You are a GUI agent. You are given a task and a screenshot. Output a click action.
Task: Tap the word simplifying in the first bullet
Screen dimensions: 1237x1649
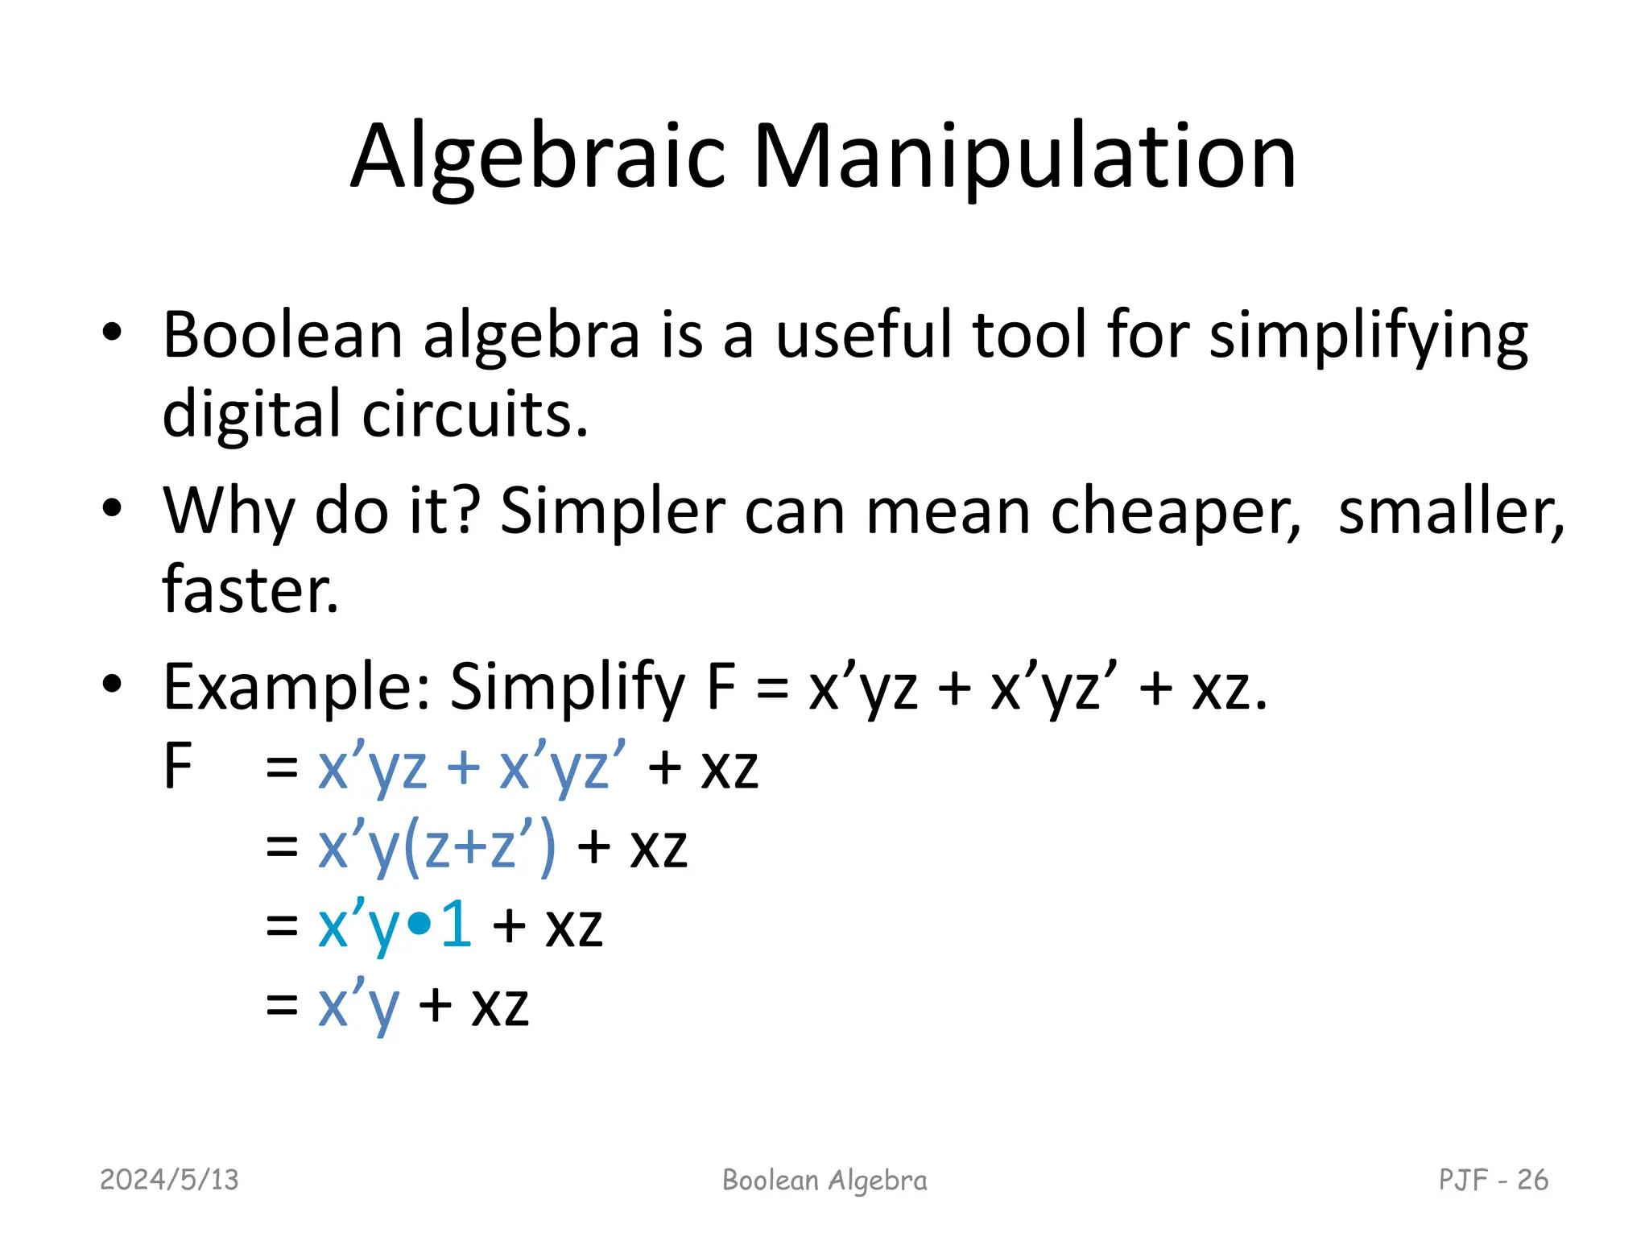(1368, 336)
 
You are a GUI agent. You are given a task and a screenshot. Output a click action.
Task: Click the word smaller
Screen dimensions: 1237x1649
(1450, 511)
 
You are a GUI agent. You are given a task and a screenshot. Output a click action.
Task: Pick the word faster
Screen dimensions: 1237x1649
(250, 590)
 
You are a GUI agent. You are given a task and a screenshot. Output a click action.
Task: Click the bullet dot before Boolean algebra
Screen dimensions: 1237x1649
(112, 333)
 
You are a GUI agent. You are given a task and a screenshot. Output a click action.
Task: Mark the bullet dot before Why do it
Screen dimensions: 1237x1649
(112, 508)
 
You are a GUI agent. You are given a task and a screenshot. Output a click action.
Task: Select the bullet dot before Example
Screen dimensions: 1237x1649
(112, 685)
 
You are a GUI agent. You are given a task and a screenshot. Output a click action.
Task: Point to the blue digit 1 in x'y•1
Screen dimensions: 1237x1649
(457, 925)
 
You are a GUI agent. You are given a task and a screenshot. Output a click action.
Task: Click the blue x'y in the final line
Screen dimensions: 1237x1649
(358, 1006)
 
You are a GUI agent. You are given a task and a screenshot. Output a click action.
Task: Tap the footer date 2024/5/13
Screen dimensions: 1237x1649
(169, 1180)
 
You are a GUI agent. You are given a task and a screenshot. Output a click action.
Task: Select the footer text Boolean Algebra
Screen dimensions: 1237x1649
(824, 1181)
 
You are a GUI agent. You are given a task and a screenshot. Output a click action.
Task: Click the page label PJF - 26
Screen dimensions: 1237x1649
(1493, 1180)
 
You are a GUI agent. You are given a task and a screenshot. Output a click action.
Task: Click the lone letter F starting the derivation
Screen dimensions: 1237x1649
(177, 766)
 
